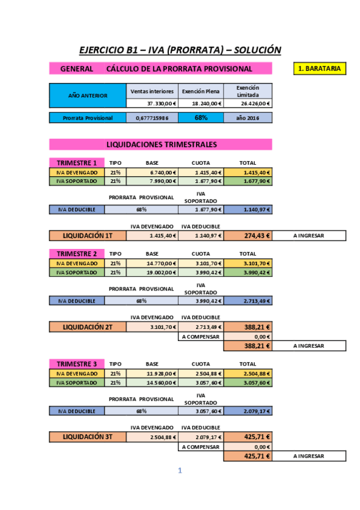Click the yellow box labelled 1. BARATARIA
(321, 69)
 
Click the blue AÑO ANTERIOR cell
(88, 95)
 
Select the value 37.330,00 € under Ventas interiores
(153, 103)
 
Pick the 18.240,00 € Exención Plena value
(201, 103)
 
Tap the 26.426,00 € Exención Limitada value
(248, 103)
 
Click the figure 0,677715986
(153, 118)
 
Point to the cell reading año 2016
(248, 118)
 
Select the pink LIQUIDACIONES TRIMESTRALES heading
(160, 144)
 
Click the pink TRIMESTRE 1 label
(76, 163)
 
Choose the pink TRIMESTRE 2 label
(76, 254)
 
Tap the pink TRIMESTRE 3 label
(76, 364)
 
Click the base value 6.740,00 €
(153, 172)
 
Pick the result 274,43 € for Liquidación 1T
(248, 236)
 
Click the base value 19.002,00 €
(153, 272)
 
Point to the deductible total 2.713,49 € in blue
(248, 301)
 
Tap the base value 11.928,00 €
(153, 373)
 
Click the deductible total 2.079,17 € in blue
(248, 411)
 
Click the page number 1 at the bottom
(180, 471)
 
